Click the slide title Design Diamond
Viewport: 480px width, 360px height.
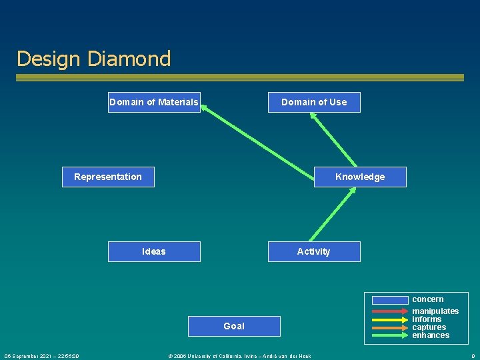(93, 59)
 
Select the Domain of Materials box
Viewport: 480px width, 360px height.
(154, 102)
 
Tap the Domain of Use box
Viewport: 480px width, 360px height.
(314, 102)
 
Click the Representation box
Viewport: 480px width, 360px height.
(108, 177)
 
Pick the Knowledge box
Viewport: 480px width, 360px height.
(360, 177)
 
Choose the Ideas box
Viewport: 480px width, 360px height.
(154, 251)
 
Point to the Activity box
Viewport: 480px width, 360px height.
(314, 251)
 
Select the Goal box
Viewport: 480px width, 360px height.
(234, 326)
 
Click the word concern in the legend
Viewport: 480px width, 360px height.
(427, 299)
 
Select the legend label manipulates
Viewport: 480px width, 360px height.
(435, 311)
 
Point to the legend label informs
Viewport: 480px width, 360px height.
(427, 319)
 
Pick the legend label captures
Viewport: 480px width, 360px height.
(429, 327)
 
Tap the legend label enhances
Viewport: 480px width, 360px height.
(431, 335)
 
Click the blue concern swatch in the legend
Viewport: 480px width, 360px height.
(390, 300)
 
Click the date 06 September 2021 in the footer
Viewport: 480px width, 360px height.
(42, 356)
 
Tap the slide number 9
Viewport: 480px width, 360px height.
(473, 356)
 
